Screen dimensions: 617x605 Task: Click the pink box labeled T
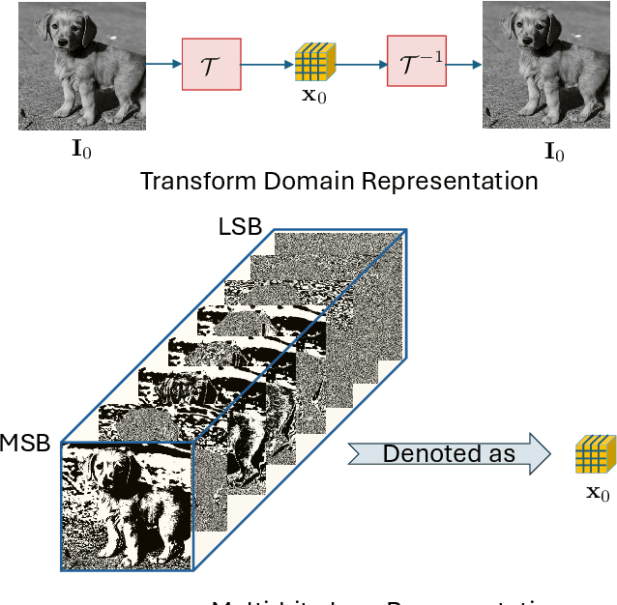pos(211,63)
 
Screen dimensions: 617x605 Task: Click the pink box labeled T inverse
pos(417,63)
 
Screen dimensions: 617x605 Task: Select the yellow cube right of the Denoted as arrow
pos(592,454)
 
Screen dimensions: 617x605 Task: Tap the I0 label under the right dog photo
pos(553,152)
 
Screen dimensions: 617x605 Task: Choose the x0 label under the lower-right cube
pos(598,494)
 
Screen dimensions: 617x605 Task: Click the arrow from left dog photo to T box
pos(163,64)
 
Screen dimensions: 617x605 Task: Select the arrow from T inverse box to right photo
pos(465,64)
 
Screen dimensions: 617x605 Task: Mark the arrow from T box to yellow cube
pos(268,64)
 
